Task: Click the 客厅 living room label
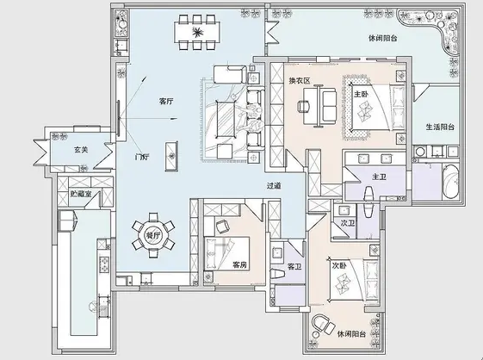166,101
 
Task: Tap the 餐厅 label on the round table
152,233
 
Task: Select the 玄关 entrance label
82,150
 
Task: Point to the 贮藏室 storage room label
82,196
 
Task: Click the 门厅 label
142,158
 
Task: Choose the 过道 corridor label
274,185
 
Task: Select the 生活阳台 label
440,127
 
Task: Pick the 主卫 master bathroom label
379,177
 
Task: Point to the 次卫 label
347,223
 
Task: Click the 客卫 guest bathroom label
294,267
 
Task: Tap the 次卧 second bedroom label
339,266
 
